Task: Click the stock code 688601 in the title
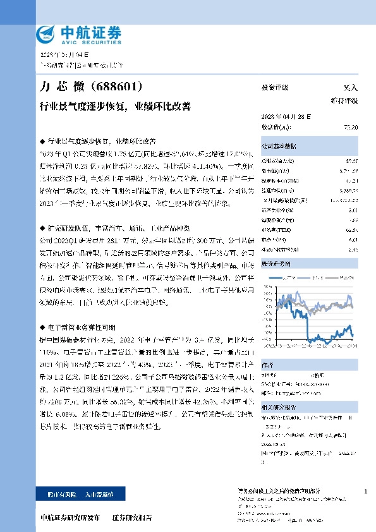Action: (118, 86)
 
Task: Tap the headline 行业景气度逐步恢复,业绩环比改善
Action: (114, 105)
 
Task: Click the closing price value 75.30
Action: (351, 127)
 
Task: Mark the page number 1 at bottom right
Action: (367, 491)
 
